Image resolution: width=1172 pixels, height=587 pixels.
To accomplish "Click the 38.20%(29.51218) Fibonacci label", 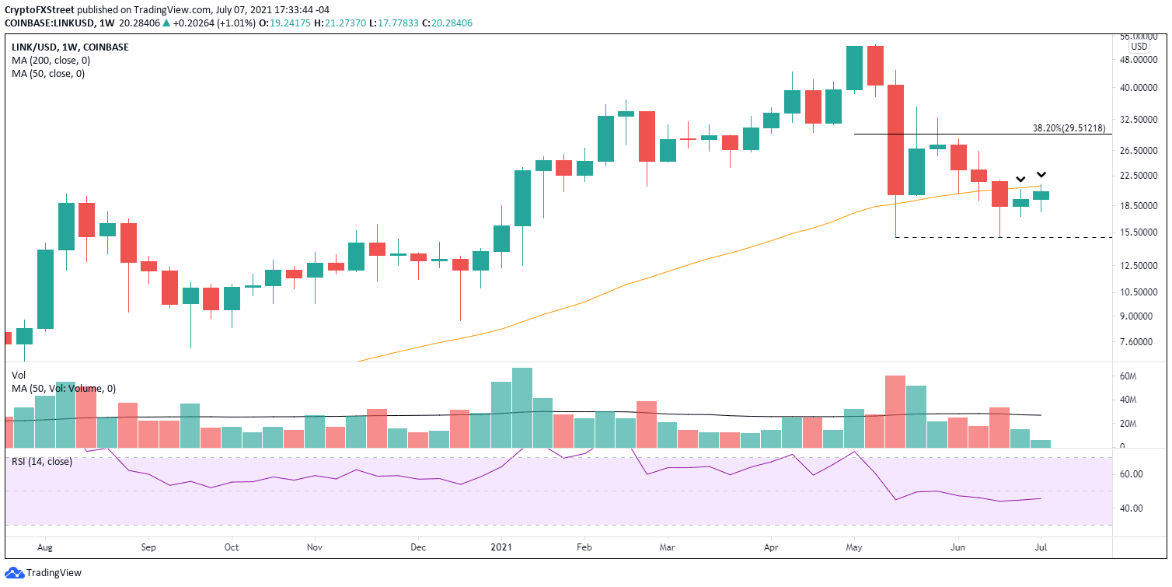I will [1072, 128].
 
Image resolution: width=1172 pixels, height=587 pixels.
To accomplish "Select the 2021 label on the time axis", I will [501, 547].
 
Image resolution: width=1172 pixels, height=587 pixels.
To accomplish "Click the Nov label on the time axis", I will [314, 547].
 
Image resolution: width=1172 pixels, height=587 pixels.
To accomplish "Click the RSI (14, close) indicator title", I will [42, 461].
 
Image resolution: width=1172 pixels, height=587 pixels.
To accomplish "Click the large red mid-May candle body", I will [895, 140].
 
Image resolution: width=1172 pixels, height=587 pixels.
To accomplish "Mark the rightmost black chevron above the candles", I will [1041, 175].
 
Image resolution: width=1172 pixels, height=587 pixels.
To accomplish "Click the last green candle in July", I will [1041, 195].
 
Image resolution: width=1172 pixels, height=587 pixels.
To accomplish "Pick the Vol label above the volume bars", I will [19, 375].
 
